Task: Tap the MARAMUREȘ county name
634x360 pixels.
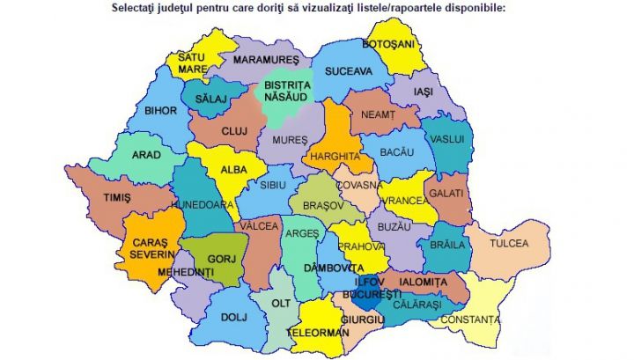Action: coord(262,62)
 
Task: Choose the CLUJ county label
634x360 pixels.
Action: coord(234,131)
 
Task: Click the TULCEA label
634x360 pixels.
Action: coord(508,243)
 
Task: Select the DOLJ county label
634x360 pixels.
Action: coord(232,316)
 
